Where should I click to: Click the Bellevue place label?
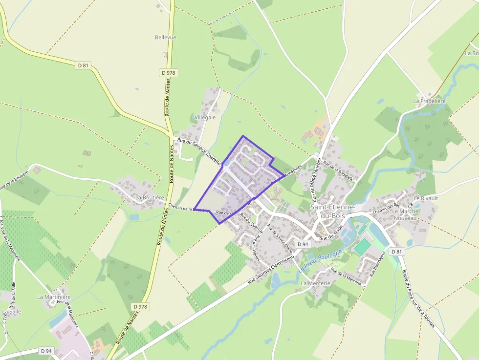(165, 37)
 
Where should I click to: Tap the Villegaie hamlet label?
(205, 118)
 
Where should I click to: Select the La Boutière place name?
(150, 198)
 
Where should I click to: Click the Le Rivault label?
(426, 198)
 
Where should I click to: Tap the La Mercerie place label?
(316, 283)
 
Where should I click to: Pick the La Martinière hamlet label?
(54, 296)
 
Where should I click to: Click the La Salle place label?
(11, 311)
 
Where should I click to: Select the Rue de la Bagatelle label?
(338, 172)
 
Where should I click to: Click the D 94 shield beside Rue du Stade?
(303, 244)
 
